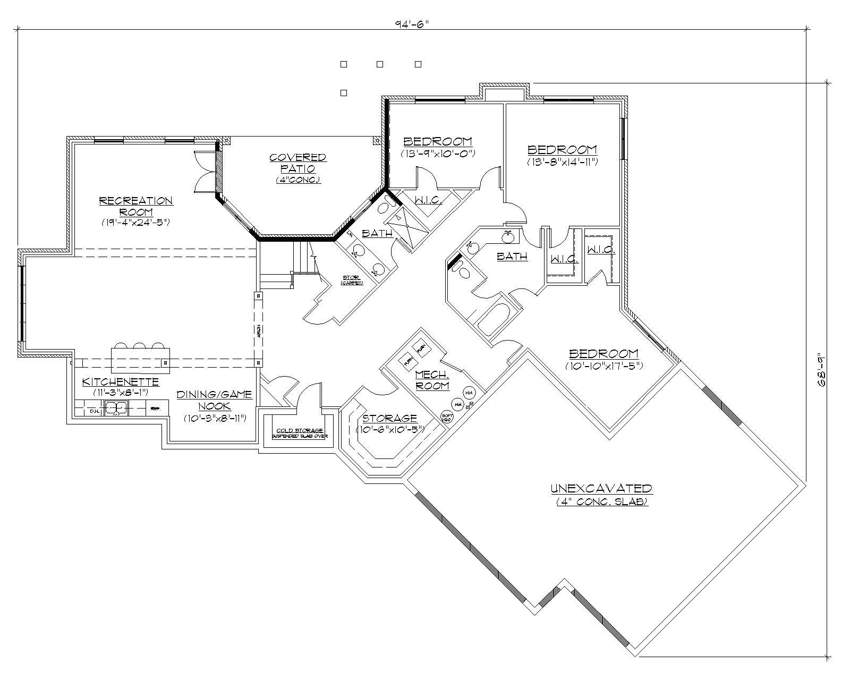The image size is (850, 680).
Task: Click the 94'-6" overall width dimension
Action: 412,24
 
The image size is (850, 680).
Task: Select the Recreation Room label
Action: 136,206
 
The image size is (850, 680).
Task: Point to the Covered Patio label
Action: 298,163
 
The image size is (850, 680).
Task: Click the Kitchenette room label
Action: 121,381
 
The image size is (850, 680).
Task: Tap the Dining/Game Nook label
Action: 215,400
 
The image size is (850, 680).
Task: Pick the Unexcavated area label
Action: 601,488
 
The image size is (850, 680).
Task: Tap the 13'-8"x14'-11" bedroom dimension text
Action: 563,161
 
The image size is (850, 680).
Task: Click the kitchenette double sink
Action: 117,408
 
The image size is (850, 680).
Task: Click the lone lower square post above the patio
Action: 344,93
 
